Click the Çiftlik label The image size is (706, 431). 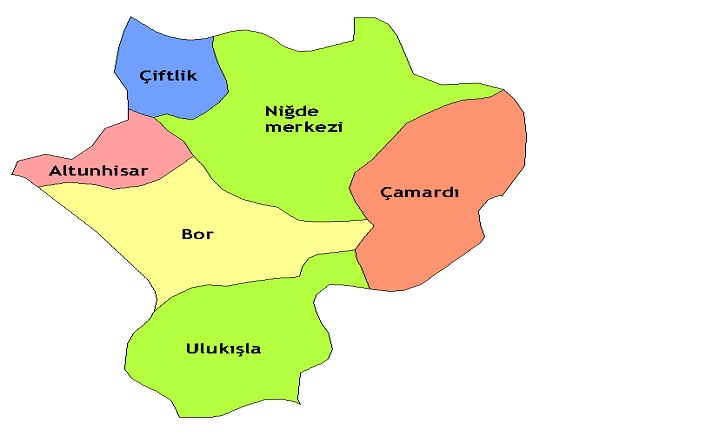coord(167,76)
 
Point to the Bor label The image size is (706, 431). coord(197,235)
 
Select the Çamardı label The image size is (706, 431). coord(419,193)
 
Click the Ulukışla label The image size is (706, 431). coord(223,348)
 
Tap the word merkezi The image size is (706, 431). coord(304,127)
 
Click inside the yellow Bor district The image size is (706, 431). coord(250,250)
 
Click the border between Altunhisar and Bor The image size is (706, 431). coord(130,185)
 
